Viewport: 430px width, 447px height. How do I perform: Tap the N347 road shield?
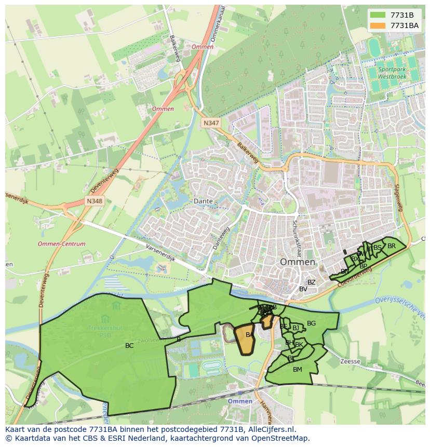click(x=211, y=123)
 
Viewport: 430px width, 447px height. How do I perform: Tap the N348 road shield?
click(x=95, y=201)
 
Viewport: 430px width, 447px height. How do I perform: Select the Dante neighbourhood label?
click(x=203, y=200)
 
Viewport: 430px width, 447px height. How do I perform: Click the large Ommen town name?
click(x=298, y=262)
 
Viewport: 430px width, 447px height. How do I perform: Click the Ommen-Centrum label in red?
click(x=62, y=243)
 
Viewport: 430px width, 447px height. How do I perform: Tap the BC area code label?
click(x=129, y=345)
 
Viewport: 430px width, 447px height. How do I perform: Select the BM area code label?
click(x=297, y=370)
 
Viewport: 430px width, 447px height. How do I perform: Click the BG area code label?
click(x=311, y=323)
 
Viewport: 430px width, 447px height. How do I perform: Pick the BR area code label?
click(x=392, y=246)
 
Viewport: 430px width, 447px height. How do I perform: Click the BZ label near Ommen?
click(x=311, y=282)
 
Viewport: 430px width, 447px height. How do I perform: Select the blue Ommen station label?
click(x=240, y=401)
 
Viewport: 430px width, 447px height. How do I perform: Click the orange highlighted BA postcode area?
click(x=244, y=338)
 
